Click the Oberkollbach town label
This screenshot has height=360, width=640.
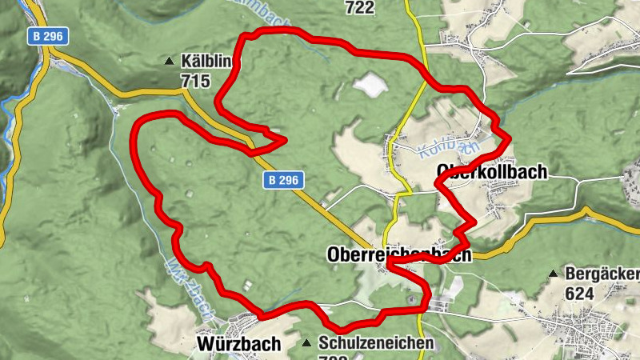(x=492, y=172)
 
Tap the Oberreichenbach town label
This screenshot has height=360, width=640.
(x=399, y=254)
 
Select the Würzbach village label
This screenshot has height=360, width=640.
(x=238, y=344)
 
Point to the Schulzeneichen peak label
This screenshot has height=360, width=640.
(x=376, y=342)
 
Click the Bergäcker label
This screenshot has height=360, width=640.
(x=602, y=274)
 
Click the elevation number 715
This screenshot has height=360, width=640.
(x=195, y=80)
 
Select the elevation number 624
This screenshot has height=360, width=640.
(x=578, y=293)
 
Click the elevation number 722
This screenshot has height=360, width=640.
(x=360, y=7)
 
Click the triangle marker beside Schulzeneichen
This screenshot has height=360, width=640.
(x=307, y=343)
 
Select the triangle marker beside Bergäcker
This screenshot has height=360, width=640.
(x=553, y=274)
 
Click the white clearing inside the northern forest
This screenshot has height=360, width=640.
(x=369, y=82)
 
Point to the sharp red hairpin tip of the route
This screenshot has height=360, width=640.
(x=284, y=142)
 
